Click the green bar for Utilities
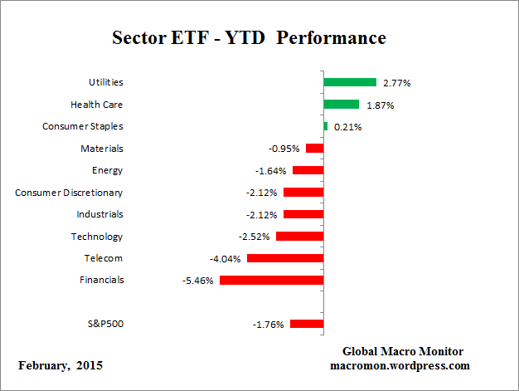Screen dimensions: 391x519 click(x=350, y=82)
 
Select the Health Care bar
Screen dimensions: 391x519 click(x=341, y=105)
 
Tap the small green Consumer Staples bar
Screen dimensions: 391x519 click(x=326, y=126)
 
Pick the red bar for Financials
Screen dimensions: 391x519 click(x=271, y=280)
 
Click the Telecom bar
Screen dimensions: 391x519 click(x=284, y=258)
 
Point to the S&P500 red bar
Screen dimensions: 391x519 click(x=307, y=324)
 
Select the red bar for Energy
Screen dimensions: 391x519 click(x=308, y=170)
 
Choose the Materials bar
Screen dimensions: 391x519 click(x=314, y=148)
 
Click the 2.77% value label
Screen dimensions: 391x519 click(x=395, y=83)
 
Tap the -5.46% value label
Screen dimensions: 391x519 click(x=197, y=281)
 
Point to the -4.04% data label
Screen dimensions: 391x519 click(x=225, y=259)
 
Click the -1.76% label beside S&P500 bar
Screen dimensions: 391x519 click(x=269, y=325)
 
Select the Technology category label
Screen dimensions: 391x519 click(x=97, y=237)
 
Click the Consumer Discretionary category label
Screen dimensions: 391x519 click(x=69, y=193)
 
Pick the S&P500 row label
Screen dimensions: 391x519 click(x=105, y=324)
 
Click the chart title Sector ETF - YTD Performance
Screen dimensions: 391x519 click(x=249, y=38)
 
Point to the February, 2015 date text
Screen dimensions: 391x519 click(x=61, y=365)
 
